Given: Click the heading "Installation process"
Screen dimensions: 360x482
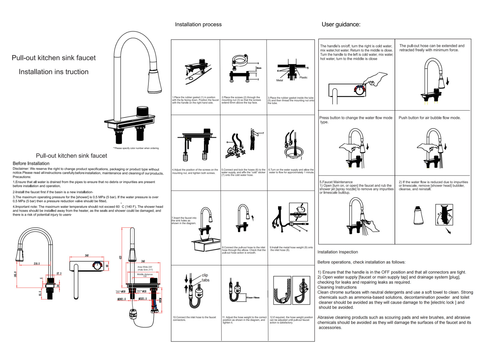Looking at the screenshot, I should [198, 24].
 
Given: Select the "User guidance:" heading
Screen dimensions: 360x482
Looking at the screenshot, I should [341, 24].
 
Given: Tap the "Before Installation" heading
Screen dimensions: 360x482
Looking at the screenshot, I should [31, 163].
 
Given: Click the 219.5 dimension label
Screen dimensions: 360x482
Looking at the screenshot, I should [36, 264].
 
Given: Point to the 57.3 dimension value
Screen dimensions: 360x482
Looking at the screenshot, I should [59, 274].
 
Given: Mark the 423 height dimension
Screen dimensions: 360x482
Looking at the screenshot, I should [120, 258].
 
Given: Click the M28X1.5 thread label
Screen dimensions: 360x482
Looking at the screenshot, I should [121, 299].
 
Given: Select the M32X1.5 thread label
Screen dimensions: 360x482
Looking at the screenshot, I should [142, 299].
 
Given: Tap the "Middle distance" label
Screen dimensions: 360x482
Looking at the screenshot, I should [145, 274].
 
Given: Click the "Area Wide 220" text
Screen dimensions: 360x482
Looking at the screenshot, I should [145, 267].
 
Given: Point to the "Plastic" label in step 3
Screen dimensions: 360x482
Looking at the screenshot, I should [303, 77].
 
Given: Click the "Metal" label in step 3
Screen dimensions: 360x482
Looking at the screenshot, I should [280, 80].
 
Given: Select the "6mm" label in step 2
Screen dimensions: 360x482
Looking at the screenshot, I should [259, 68].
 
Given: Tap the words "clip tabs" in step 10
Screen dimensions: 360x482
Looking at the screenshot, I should [205, 277].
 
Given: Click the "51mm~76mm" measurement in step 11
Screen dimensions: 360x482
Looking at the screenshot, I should [253, 298].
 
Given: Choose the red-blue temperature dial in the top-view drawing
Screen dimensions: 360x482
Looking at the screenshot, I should [97, 265].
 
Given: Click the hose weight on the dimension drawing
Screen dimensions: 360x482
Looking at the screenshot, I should [133, 314].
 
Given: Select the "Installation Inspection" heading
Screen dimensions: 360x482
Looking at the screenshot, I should [337, 252].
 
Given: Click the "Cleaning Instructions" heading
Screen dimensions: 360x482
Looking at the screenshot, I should [337, 287].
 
